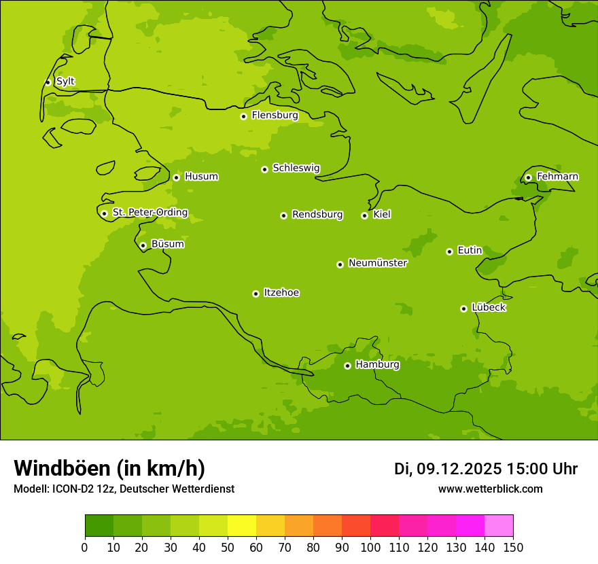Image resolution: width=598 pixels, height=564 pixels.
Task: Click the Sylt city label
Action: [x=65, y=82]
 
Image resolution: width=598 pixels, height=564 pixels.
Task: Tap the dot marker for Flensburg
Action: [x=243, y=116]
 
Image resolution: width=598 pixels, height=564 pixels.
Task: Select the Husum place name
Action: [x=201, y=177]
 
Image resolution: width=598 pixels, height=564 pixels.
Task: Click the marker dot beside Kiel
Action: [x=364, y=215]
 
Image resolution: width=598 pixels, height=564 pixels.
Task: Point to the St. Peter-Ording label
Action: [x=150, y=213]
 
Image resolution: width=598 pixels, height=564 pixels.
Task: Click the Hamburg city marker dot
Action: [x=347, y=366]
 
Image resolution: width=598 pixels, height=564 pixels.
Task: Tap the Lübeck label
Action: [x=489, y=307]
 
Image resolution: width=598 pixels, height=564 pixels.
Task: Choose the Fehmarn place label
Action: [x=557, y=177]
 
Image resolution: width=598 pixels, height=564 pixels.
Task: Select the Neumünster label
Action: [x=378, y=263]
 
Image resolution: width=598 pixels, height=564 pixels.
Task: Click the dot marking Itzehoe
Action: [x=256, y=294]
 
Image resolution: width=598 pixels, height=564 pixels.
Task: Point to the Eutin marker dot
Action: [x=449, y=251]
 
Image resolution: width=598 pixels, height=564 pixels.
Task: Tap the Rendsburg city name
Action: [x=317, y=215]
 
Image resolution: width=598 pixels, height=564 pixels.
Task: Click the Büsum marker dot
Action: [x=143, y=245]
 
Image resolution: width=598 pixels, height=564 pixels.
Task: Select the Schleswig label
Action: [x=296, y=168]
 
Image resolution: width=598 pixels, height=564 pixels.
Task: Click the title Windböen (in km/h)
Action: [x=109, y=468]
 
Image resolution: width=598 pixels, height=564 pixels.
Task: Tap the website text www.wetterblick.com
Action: [x=490, y=489]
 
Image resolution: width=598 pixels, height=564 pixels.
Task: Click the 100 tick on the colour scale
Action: [x=370, y=547]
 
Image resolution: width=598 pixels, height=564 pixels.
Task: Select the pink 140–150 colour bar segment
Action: [x=499, y=526]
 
